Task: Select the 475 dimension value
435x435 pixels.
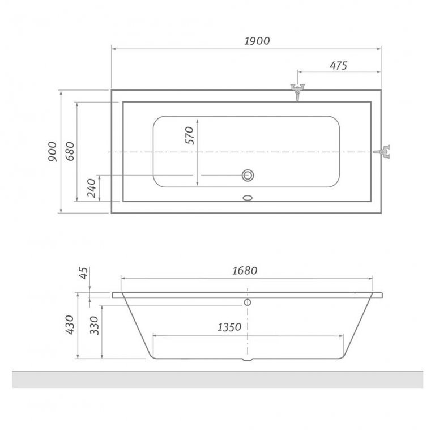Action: click(338, 65)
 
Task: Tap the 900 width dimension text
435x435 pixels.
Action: click(52, 152)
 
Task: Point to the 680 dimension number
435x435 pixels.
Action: click(70, 151)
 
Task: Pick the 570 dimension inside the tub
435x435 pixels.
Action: click(189, 136)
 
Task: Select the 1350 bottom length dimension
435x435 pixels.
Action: click(228, 327)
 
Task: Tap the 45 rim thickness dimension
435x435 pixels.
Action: click(83, 275)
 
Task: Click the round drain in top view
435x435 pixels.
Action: click(248, 175)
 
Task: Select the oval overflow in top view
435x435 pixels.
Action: click(248, 198)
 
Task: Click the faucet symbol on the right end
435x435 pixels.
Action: click(386, 151)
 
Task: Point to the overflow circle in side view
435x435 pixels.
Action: click(248, 302)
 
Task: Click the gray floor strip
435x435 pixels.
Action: click(217, 379)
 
